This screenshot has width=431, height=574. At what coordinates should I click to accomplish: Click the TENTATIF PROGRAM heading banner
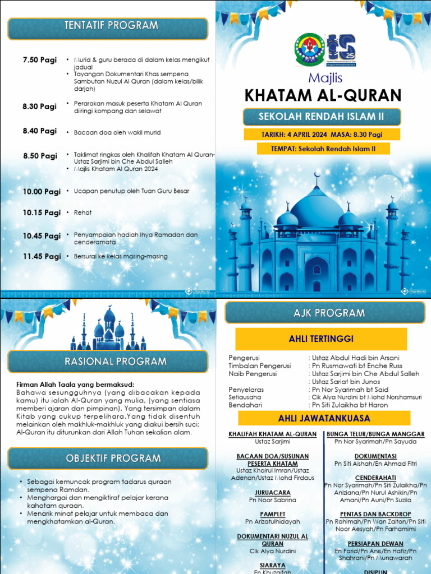108,26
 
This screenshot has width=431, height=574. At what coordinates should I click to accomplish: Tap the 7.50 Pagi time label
39,60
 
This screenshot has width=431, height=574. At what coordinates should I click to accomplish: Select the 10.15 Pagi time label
42,212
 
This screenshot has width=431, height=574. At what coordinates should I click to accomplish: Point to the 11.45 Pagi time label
42,256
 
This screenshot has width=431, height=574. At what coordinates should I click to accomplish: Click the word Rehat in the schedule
82,213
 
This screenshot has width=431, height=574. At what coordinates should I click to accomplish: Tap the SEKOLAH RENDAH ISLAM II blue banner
322,117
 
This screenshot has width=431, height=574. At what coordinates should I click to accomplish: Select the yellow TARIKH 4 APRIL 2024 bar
322,135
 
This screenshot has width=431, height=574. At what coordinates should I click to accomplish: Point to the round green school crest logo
309,49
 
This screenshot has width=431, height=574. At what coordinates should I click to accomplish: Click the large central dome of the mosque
317,210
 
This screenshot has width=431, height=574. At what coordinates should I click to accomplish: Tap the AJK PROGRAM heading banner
329,313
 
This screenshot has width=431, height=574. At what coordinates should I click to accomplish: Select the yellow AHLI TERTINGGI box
320,339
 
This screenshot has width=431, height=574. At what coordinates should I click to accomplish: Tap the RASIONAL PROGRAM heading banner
108,362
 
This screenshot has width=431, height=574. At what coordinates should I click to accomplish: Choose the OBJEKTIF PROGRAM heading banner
108,458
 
